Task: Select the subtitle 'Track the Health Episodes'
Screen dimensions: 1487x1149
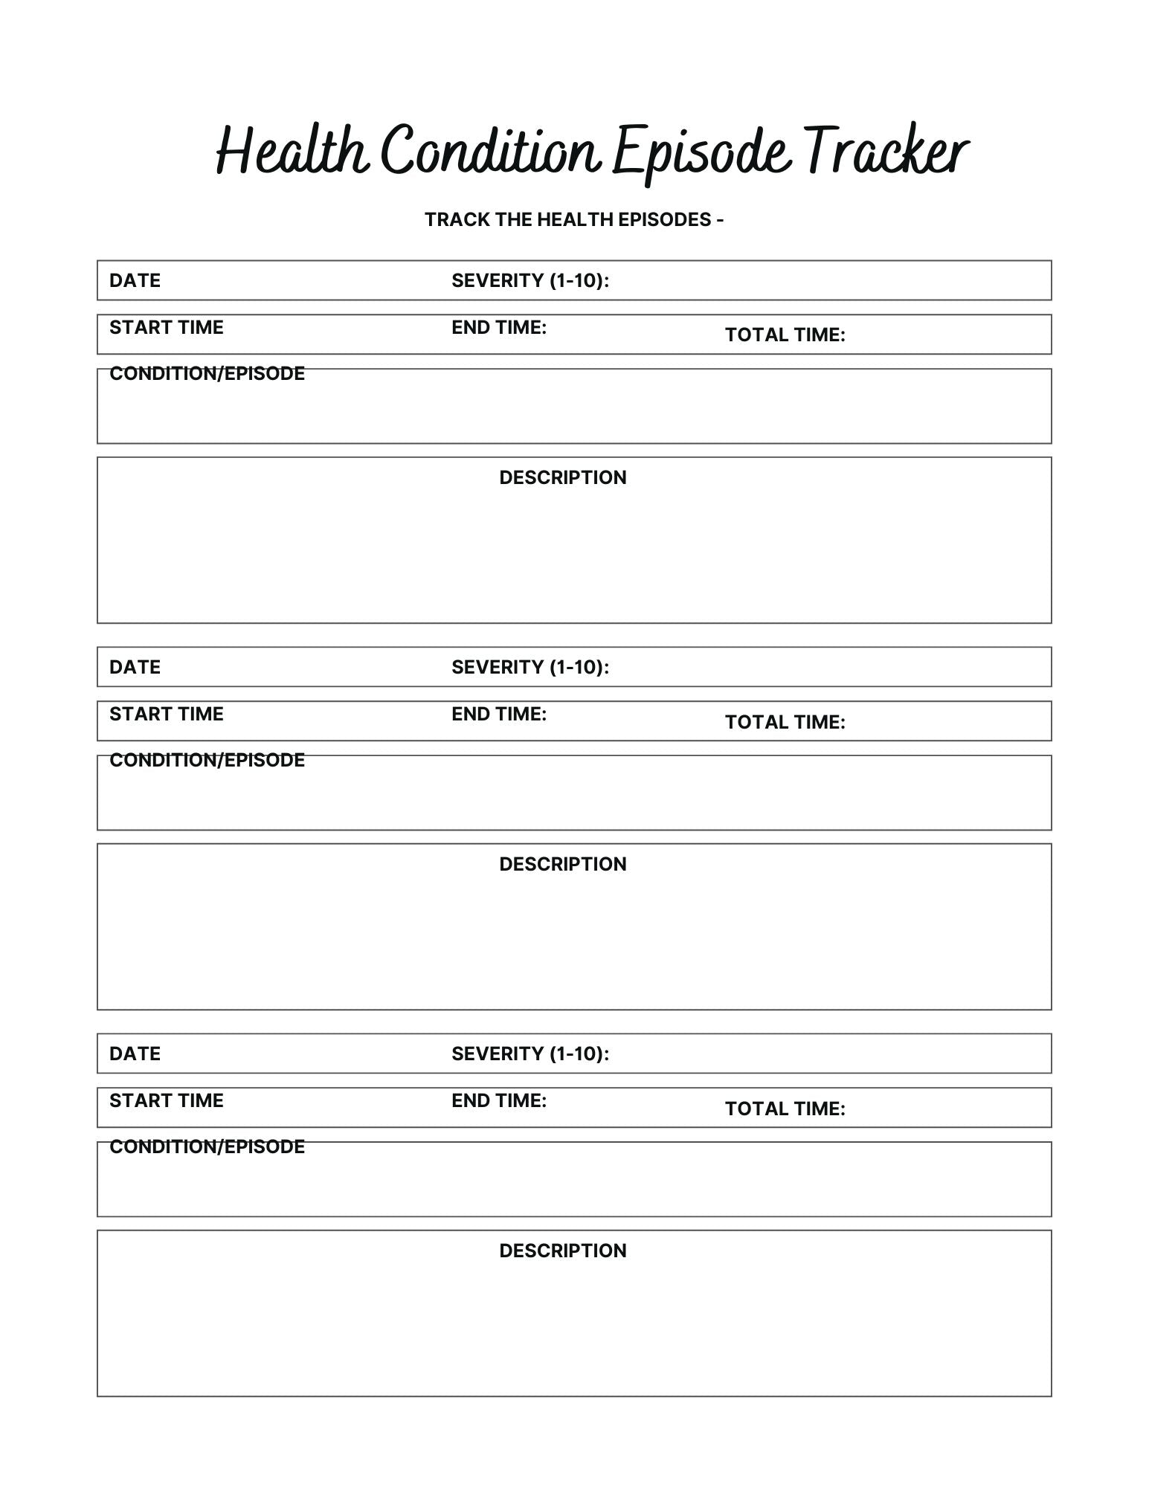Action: [x=573, y=219]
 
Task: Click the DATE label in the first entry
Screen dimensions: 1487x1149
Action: [x=135, y=280]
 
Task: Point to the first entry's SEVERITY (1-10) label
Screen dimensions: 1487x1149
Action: [x=530, y=280]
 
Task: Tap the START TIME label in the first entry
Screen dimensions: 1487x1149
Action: [x=166, y=327]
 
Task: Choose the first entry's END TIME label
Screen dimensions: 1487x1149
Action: [x=498, y=327]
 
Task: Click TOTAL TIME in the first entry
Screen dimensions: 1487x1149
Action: [x=785, y=335]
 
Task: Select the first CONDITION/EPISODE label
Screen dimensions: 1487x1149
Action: [x=207, y=373]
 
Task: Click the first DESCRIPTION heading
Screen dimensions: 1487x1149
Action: [x=562, y=477]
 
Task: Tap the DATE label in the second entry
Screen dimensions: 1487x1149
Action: [x=135, y=667]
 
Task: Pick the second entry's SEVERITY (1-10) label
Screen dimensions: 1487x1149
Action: [x=530, y=667]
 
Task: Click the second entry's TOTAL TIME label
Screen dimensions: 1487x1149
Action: [x=785, y=722]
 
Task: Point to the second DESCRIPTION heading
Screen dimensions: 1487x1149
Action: [x=562, y=864]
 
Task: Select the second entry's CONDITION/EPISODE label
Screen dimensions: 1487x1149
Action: [x=207, y=760]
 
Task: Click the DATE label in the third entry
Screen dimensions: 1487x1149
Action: [x=135, y=1054]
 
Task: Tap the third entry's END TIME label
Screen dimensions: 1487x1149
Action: [x=498, y=1100]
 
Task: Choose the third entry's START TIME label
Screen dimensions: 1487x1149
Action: [x=166, y=1100]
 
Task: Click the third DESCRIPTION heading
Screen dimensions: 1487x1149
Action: [x=562, y=1251]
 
